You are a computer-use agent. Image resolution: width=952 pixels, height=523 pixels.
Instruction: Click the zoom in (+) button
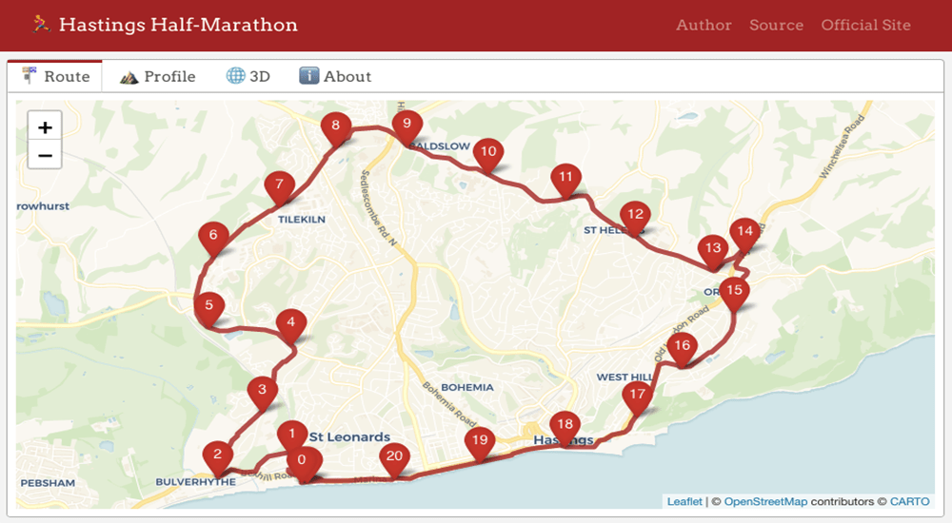pyautogui.click(x=45, y=127)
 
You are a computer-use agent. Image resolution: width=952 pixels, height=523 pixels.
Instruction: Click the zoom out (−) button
pyautogui.click(x=45, y=155)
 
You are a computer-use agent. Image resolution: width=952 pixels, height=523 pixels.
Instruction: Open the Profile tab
pyautogui.click(x=158, y=77)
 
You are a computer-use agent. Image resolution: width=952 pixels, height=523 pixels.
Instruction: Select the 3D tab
pyautogui.click(x=248, y=77)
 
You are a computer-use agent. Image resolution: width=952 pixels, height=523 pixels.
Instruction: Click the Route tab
pyautogui.click(x=56, y=77)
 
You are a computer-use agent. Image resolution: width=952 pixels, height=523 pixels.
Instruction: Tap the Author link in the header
pyautogui.click(x=704, y=26)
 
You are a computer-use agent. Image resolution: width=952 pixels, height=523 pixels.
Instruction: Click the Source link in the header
pyautogui.click(x=776, y=26)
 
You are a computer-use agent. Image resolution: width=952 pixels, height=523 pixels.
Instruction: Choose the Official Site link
pyautogui.click(x=865, y=26)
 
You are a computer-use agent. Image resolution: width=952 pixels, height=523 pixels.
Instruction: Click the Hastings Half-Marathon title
pyautogui.click(x=178, y=25)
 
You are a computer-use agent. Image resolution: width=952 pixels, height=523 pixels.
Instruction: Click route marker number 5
pyautogui.click(x=208, y=307)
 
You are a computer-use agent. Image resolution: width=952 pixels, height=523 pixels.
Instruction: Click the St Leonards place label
pyautogui.click(x=349, y=437)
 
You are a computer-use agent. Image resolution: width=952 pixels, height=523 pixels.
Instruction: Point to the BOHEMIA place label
pyautogui.click(x=467, y=387)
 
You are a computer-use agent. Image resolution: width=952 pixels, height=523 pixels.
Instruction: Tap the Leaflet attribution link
pyautogui.click(x=684, y=502)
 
